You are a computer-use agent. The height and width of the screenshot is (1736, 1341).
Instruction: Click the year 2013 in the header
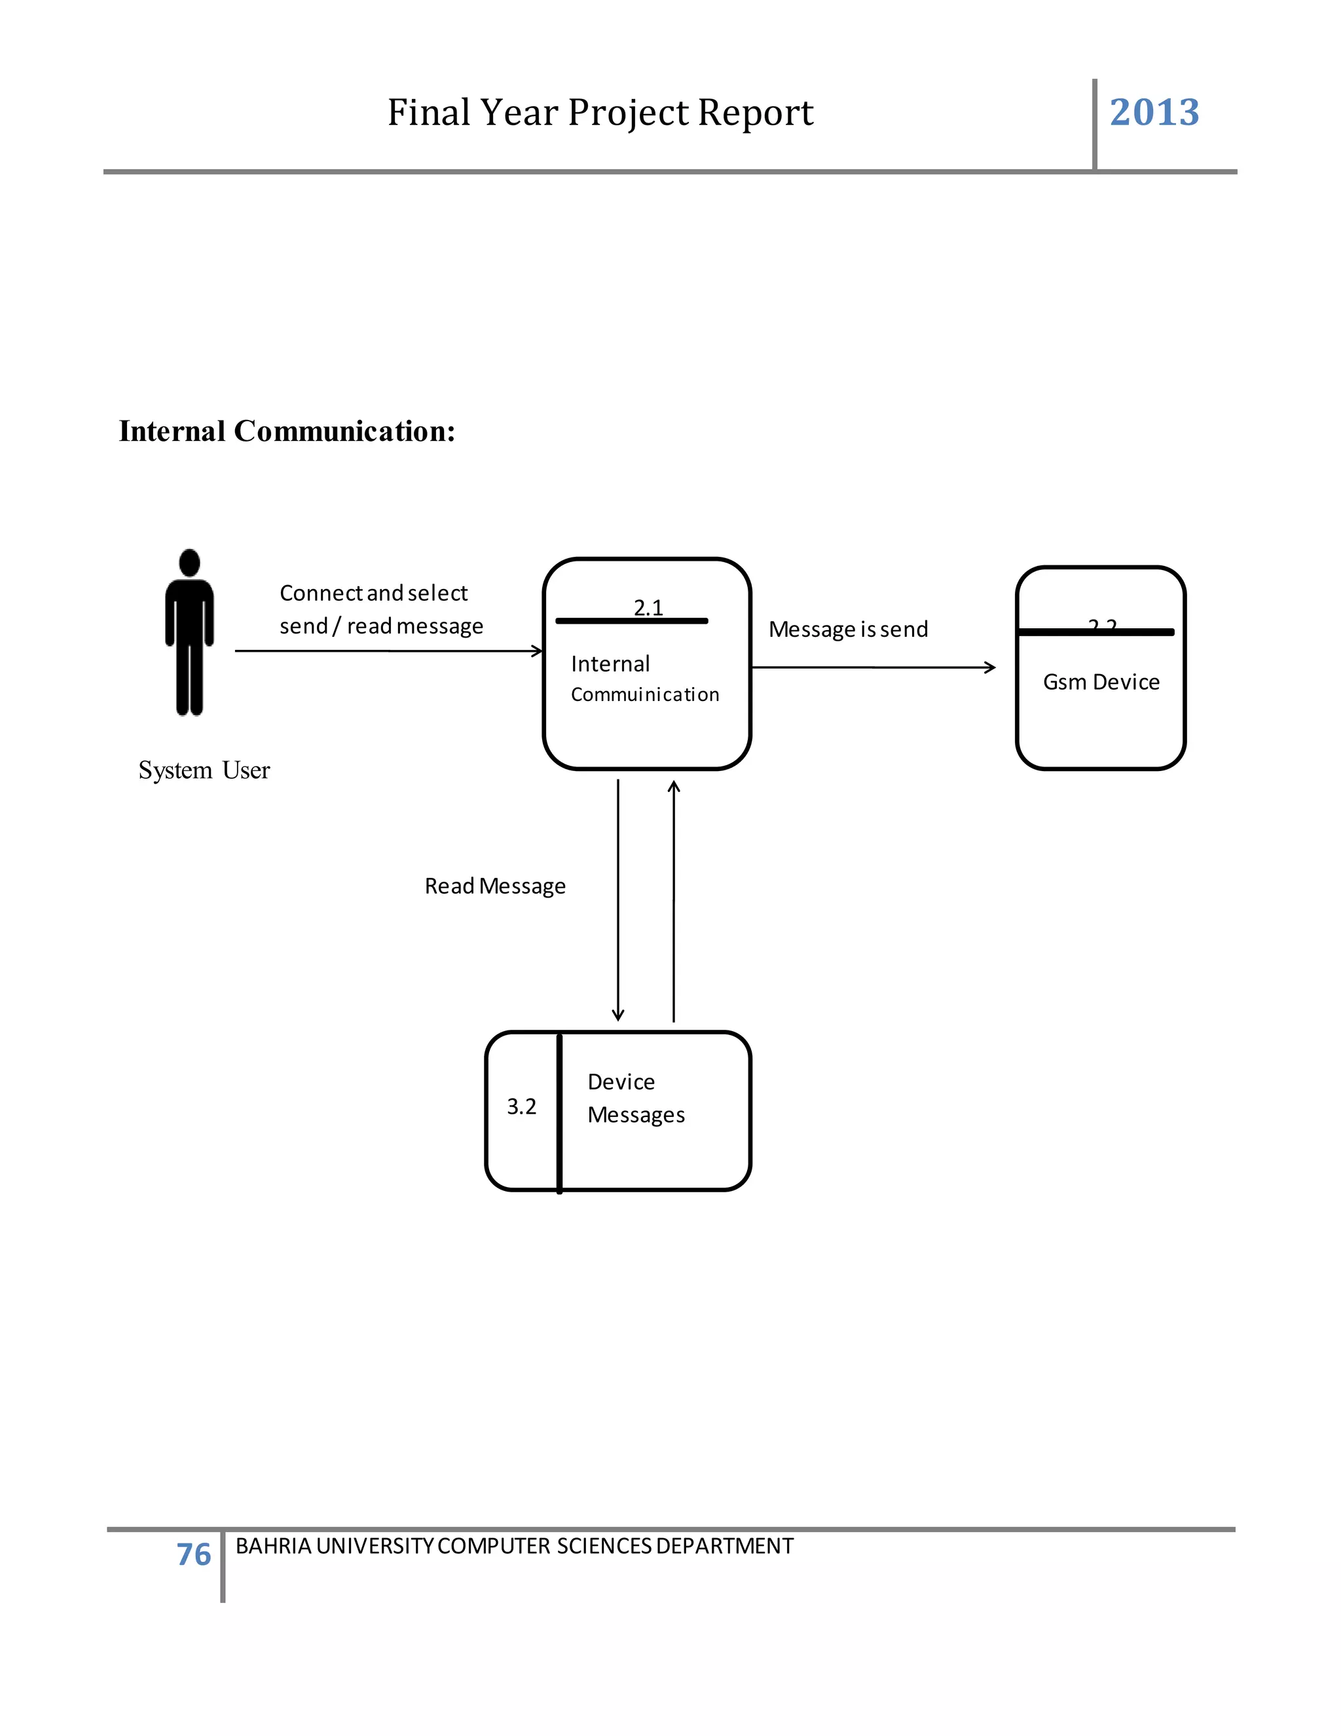coord(1154,112)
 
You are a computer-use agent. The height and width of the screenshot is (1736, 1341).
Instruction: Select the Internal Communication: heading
coord(287,431)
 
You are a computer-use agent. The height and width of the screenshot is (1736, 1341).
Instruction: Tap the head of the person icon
coord(189,562)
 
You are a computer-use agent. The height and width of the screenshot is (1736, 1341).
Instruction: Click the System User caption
coord(204,770)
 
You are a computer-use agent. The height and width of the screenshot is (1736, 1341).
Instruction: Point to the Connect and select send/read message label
coord(380,610)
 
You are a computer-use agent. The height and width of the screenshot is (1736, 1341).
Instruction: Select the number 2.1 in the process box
coord(648,607)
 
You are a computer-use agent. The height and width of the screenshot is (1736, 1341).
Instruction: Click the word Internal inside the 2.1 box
coord(610,664)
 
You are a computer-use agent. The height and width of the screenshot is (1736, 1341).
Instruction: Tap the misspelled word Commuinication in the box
coord(644,694)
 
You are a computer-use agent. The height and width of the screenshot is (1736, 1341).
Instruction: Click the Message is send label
coord(848,630)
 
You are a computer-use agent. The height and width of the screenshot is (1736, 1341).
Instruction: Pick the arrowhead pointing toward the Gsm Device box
coord(991,668)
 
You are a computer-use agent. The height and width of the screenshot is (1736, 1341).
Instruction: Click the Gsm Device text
coord(1101,682)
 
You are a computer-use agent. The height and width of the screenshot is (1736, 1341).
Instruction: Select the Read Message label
coord(495,886)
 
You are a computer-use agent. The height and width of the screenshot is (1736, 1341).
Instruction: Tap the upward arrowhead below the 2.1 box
coord(674,786)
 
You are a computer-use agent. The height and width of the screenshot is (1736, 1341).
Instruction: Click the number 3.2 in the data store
coord(521,1106)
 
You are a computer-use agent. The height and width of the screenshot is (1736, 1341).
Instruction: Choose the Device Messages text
coord(636,1099)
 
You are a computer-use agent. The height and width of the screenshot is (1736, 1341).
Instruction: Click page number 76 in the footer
coord(193,1555)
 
